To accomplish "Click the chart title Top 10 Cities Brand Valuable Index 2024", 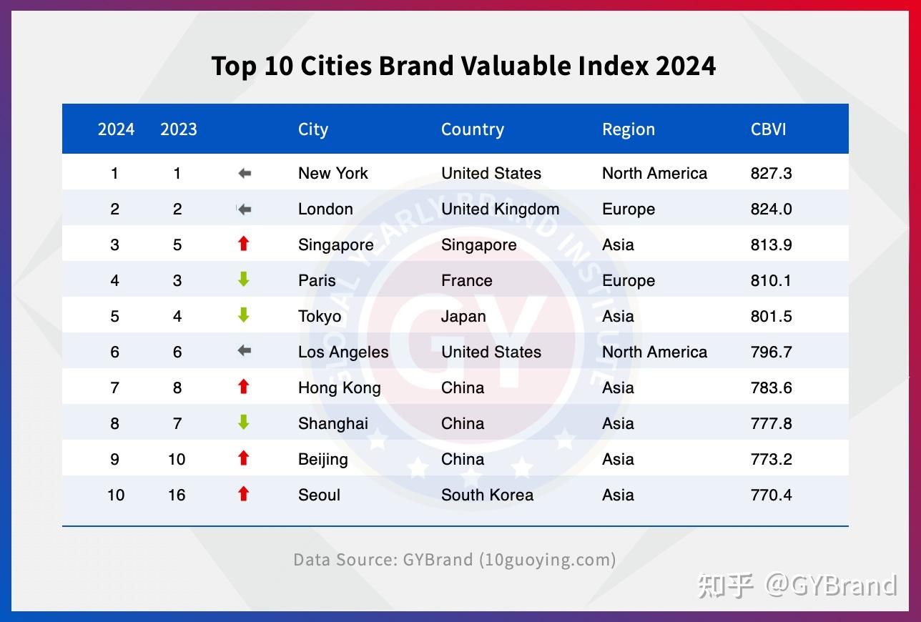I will pos(463,66).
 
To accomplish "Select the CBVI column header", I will pos(768,129).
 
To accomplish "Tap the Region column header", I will pos(628,129).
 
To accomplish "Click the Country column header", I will pos(472,129).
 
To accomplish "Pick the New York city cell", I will pos(333,173).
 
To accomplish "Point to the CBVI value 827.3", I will pos(771,173).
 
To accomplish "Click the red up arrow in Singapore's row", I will pos(243,244).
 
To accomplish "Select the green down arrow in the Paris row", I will pos(243,280).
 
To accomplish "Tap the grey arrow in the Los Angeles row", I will pos(244,351).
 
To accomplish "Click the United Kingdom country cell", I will pos(500,209).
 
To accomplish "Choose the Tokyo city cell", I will pos(319,316).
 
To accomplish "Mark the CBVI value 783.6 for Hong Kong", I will pos(771,387).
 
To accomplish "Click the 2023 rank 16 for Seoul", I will pos(177,495).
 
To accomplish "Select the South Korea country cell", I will pos(487,495).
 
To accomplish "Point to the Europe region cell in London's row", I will pos(628,209).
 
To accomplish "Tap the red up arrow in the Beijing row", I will pos(243,458).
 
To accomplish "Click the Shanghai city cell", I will pos(333,423).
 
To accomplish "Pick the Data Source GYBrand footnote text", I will pos(454,559).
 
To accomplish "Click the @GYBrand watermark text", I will pos(830,586).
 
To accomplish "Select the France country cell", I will pos(466,280).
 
